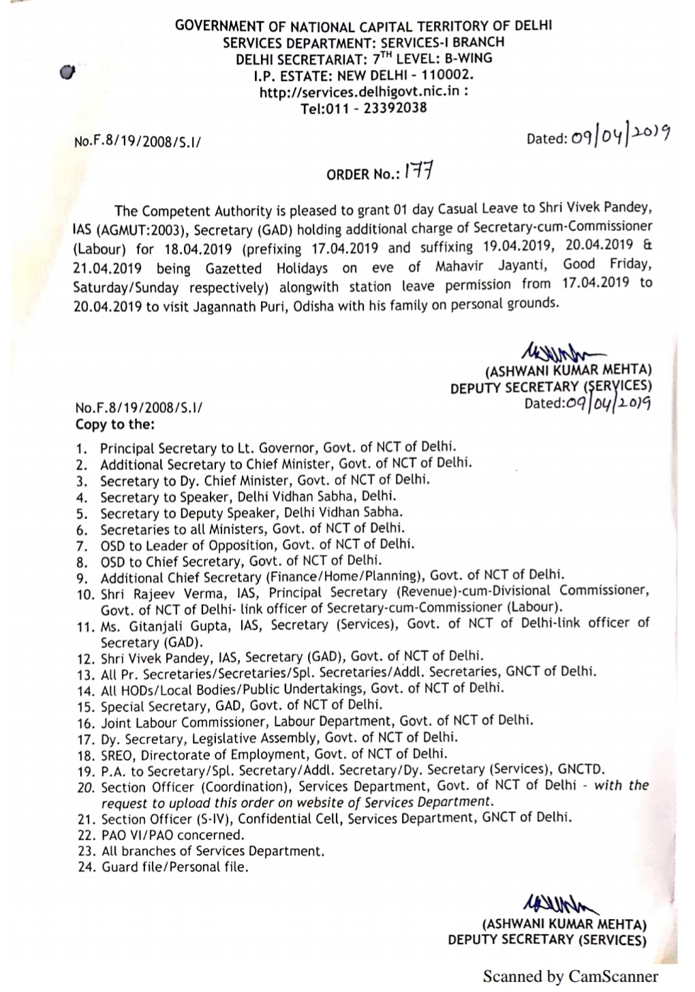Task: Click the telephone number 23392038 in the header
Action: point(392,108)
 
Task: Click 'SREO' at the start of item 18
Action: point(117,755)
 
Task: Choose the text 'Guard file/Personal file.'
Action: point(175,867)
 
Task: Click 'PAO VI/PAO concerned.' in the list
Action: point(172,835)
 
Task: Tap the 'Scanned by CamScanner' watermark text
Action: point(570,977)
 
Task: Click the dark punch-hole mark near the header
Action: point(66,71)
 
